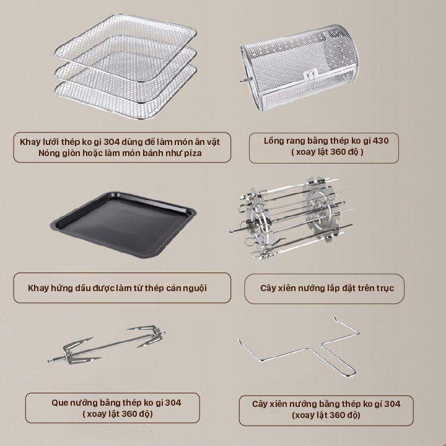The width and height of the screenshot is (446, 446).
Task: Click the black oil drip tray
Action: click(123, 225)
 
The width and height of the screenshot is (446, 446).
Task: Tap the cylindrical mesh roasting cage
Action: click(300, 68)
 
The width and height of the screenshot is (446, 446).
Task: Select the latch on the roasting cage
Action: click(310, 78)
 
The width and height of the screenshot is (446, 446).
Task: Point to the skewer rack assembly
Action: click(292, 218)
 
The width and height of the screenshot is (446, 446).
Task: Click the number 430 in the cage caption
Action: click(380, 141)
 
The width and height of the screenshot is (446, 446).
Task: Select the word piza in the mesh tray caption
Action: click(193, 153)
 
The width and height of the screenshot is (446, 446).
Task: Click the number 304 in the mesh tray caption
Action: click(111, 142)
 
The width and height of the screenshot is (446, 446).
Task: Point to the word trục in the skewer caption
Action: click(385, 289)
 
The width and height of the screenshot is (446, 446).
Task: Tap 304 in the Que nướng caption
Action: click(173, 403)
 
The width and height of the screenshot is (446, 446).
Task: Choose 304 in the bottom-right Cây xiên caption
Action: click(392, 404)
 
